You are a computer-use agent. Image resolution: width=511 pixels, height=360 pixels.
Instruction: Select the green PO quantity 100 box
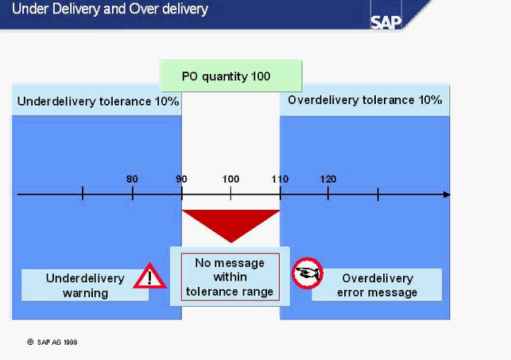pos(231,76)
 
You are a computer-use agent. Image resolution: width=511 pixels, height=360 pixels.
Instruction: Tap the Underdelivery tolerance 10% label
pos(98,102)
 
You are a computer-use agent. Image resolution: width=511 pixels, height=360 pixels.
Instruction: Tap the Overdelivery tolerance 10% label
pos(365,100)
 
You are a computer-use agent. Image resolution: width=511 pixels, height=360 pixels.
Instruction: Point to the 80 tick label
pos(132,179)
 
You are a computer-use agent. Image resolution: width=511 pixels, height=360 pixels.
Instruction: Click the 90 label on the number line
pos(181,179)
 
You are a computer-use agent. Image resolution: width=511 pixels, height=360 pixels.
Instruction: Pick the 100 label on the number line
pos(230,179)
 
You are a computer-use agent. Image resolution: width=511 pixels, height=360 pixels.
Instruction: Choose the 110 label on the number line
pos(280,179)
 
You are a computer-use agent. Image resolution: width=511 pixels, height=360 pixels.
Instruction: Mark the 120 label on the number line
pos(328,179)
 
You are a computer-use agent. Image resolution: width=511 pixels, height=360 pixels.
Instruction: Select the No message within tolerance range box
pos(230,277)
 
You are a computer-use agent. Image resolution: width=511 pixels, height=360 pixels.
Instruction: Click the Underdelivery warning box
pos(85,285)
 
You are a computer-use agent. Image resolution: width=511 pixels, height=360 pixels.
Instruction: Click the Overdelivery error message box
pos(377,285)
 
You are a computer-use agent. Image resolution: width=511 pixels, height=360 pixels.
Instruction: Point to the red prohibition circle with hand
pos(305,273)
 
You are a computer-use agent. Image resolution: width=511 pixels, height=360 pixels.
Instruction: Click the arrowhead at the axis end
pos(447,195)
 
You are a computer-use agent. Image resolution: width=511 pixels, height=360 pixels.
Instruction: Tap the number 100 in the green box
pos(258,76)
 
